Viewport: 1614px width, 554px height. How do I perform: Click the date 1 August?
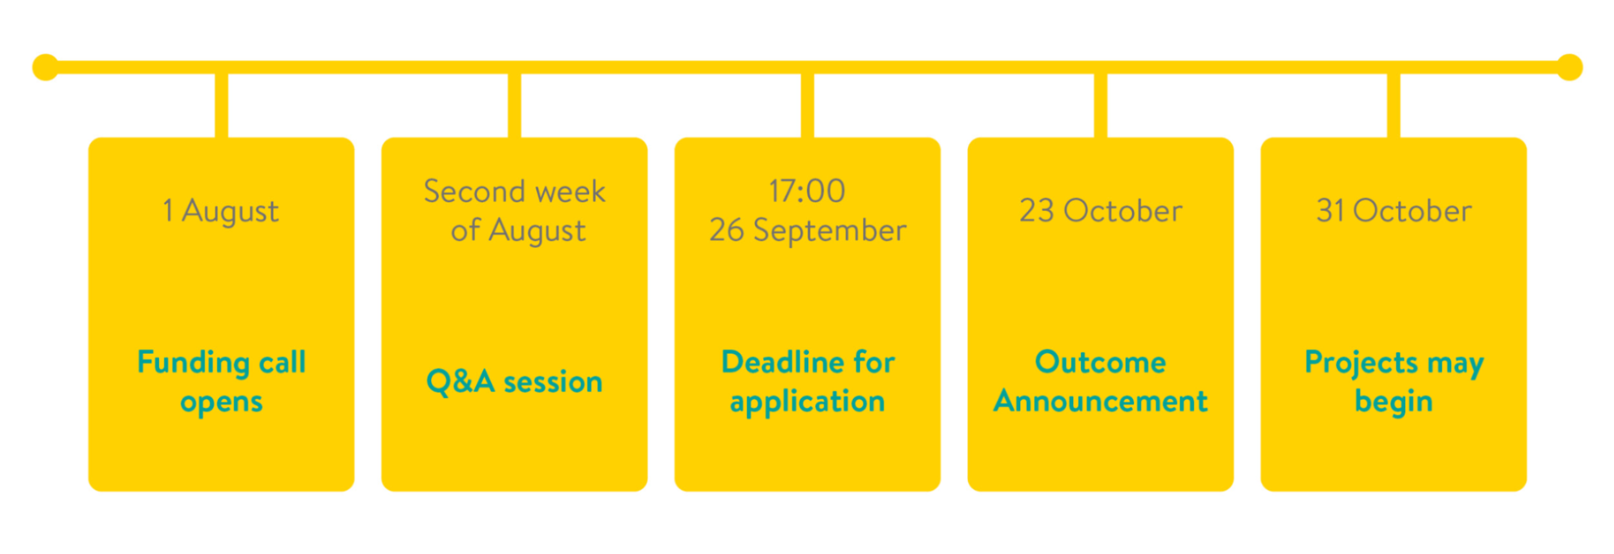pyautogui.click(x=221, y=211)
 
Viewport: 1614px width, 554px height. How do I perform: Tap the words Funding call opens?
pyautogui.click(x=222, y=381)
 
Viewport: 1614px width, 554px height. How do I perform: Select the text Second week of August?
pyautogui.click(x=515, y=211)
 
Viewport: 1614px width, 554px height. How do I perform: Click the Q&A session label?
pyautogui.click(x=514, y=381)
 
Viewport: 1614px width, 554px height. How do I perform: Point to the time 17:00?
pyautogui.click(x=807, y=191)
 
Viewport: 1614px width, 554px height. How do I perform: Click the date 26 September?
pyautogui.click(x=808, y=231)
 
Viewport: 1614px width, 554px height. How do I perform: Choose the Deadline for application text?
pyautogui.click(x=808, y=381)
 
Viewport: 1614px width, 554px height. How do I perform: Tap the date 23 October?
pyautogui.click(x=1101, y=211)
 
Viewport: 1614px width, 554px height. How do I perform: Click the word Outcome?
pyautogui.click(x=1100, y=362)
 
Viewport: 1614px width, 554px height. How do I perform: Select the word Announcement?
pyautogui.click(x=1100, y=401)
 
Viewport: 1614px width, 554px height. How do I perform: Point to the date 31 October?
pyautogui.click(x=1394, y=211)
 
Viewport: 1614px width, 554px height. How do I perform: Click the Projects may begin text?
pyautogui.click(x=1394, y=381)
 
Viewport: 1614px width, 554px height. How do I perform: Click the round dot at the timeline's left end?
pyautogui.click(x=46, y=67)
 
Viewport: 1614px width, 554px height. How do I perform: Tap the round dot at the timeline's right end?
pyautogui.click(x=1569, y=67)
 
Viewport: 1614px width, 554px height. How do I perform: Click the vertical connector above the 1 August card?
pyautogui.click(x=222, y=105)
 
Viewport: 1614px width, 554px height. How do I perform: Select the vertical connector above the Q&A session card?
pyautogui.click(x=514, y=105)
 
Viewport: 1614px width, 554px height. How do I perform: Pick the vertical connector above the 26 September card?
pyautogui.click(x=808, y=105)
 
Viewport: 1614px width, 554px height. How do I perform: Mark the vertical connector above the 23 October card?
pyautogui.click(x=1101, y=105)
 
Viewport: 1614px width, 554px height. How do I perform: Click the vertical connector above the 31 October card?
pyautogui.click(x=1394, y=105)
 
